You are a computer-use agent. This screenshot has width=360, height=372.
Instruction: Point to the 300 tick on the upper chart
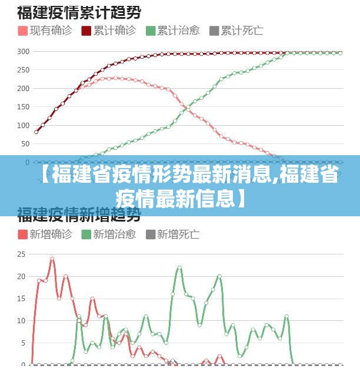[23, 52]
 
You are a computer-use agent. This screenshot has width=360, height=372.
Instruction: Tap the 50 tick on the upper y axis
[25, 144]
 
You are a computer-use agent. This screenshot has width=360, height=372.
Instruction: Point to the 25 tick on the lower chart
[21, 254]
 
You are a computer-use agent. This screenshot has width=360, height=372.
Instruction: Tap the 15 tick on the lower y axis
[21, 299]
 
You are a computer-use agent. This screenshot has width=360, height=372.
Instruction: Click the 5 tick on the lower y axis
[23, 343]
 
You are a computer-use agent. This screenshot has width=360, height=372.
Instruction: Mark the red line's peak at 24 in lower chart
[52, 259]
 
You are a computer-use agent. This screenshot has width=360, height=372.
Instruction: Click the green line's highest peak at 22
[179, 267]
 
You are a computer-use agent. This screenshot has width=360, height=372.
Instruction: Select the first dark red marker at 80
[36, 132]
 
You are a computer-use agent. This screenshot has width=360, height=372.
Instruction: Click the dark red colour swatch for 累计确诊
[86, 30]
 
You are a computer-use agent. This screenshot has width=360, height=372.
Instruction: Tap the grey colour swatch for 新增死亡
[150, 234]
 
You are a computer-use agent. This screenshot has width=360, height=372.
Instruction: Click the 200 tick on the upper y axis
[23, 89]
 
